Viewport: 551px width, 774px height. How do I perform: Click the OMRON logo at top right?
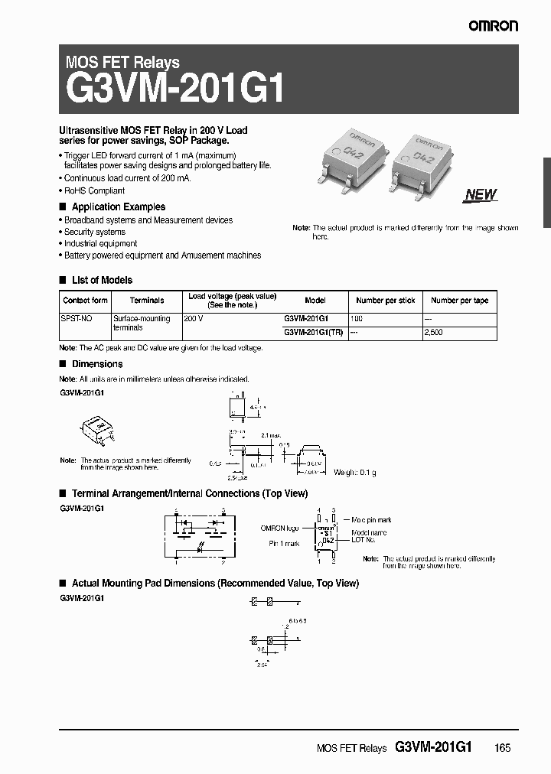coord(494,25)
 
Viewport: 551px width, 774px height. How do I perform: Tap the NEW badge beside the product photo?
coord(481,194)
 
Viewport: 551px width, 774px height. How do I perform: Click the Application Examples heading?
coord(118,207)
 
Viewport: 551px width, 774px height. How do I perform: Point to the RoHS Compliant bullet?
coord(93,190)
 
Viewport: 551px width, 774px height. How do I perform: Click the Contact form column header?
coord(85,301)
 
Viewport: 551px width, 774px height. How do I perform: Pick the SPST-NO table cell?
coord(75,317)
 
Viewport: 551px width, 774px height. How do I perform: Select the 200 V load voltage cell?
coord(194,317)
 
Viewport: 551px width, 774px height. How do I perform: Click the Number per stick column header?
coord(386,301)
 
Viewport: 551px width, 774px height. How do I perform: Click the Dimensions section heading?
coord(96,364)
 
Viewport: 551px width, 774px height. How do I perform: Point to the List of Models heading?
coord(101,280)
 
